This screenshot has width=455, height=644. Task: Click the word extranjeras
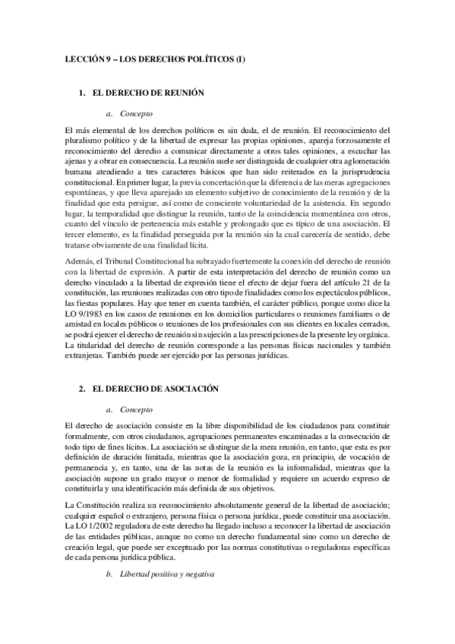coord(78,356)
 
